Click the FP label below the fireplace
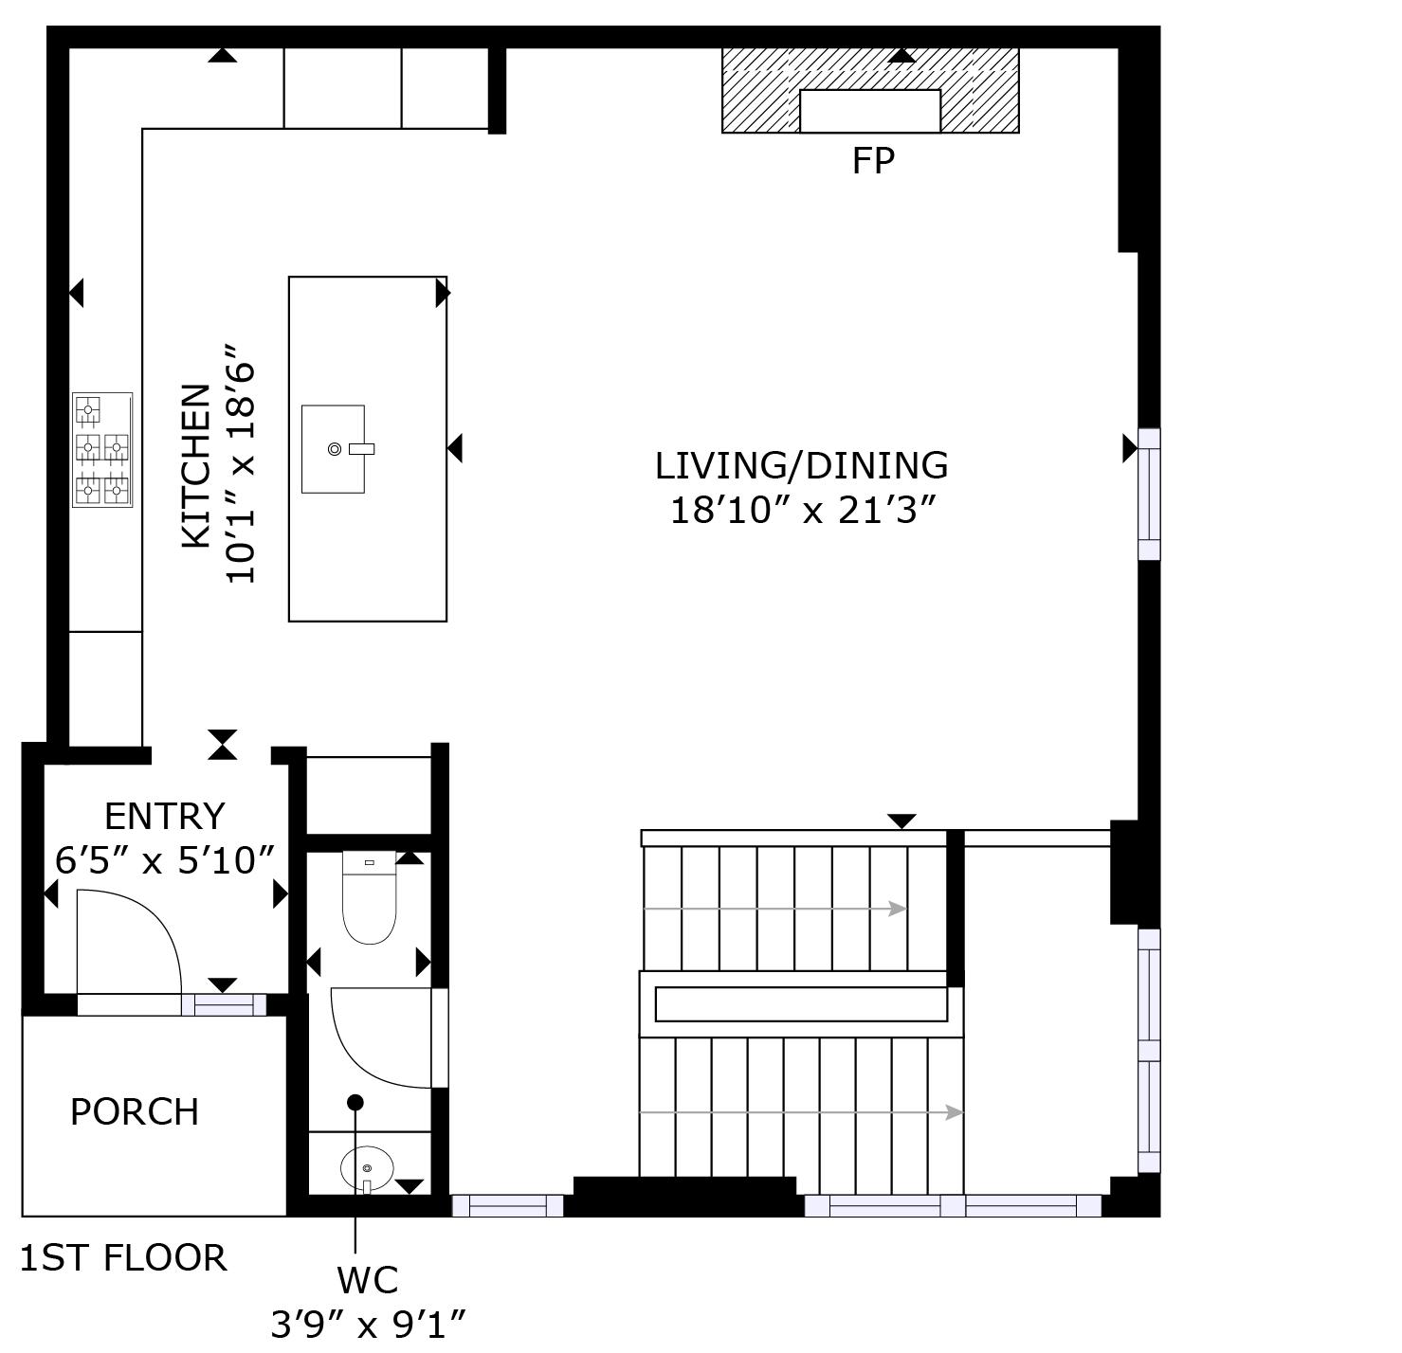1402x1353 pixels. click(872, 160)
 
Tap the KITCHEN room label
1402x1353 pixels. click(196, 466)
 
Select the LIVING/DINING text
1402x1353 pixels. click(801, 465)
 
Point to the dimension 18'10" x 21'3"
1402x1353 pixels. click(802, 511)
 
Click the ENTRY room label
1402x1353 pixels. click(164, 816)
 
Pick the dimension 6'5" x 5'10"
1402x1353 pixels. click(165, 859)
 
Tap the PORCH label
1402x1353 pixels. click(135, 1111)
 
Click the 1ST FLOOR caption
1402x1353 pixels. click(123, 1258)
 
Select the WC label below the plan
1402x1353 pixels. click(368, 1280)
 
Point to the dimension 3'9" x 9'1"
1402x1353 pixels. click(368, 1325)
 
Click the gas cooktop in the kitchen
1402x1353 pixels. click(102, 449)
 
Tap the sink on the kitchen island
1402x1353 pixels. click(333, 449)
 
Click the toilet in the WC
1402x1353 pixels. click(369, 897)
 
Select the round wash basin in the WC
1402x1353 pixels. click(367, 1168)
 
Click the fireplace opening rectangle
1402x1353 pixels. click(869, 112)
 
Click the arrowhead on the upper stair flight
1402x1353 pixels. click(898, 909)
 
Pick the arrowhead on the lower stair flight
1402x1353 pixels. click(955, 1112)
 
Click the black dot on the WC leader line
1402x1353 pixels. click(355, 1103)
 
